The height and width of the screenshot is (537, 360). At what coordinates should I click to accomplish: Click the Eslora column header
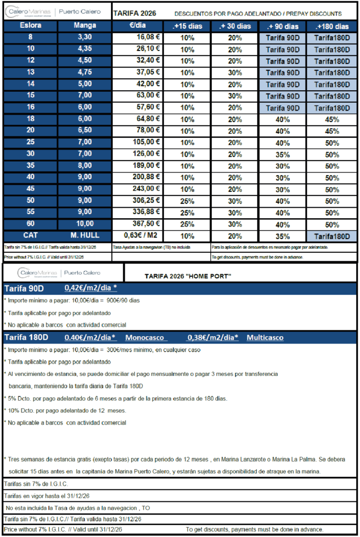pyautogui.click(x=30, y=26)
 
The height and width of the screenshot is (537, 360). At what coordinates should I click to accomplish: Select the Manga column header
pyautogui.click(x=84, y=26)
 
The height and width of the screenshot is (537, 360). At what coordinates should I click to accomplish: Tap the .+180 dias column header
pyautogui.click(x=332, y=26)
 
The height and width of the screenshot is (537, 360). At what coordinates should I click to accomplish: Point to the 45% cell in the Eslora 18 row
pyautogui.click(x=332, y=120)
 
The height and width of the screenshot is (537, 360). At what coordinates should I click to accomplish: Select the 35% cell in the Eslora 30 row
pyautogui.click(x=283, y=154)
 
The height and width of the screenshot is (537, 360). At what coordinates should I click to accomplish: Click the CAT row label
pyautogui.click(x=30, y=235)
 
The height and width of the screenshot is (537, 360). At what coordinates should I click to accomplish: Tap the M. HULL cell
pyautogui.click(x=84, y=235)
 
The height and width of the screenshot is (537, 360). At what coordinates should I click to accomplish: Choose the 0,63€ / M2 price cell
pyautogui.click(x=138, y=235)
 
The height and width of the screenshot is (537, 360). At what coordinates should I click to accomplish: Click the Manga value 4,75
pyautogui.click(x=84, y=72)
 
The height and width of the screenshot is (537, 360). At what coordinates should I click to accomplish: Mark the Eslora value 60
pyautogui.click(x=30, y=223)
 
